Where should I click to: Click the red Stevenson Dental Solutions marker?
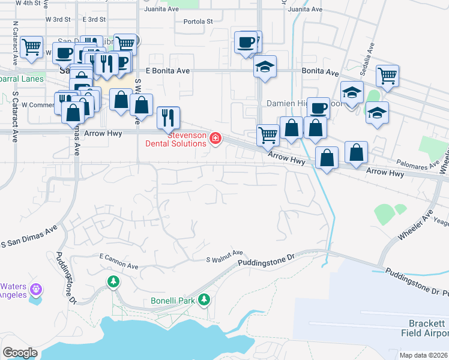(x=215, y=139)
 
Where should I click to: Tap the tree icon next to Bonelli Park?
(x=205, y=299)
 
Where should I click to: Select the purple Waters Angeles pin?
(x=37, y=289)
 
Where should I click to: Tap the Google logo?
(x=20, y=353)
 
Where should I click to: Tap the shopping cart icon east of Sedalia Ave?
(x=388, y=75)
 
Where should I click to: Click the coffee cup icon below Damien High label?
(x=319, y=107)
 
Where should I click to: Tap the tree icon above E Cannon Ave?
(x=113, y=281)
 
